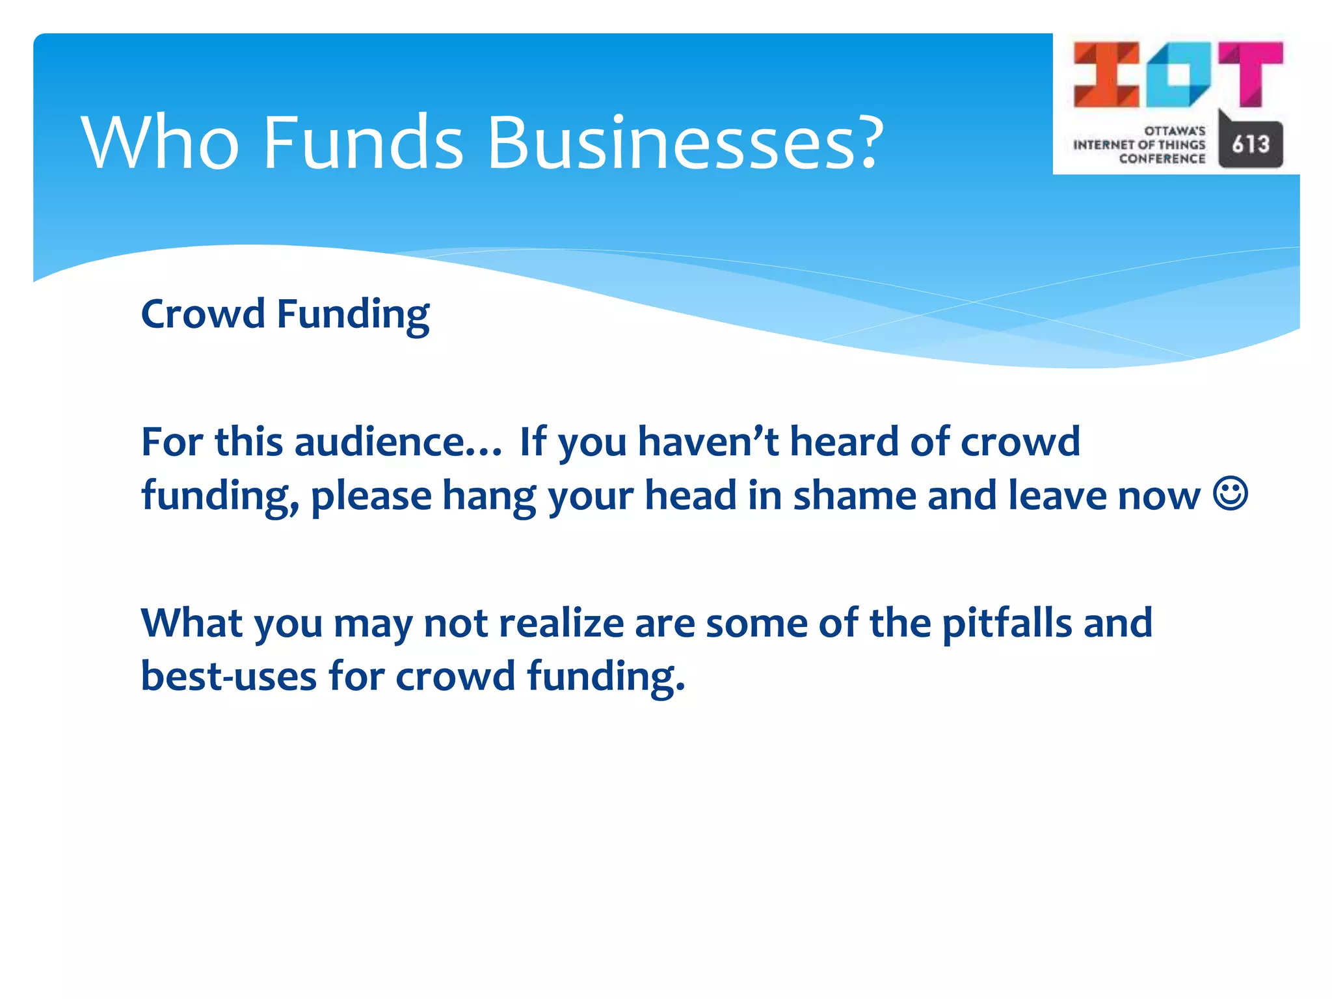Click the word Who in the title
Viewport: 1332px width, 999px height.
[160, 143]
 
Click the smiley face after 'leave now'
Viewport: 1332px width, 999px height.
[1230, 494]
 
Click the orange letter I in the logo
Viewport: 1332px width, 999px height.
[1106, 74]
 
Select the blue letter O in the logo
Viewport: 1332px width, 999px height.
[1179, 74]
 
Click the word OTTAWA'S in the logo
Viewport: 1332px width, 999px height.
[1175, 131]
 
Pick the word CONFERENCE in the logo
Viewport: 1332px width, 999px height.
[1162, 159]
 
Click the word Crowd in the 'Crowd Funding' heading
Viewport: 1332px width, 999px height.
[202, 314]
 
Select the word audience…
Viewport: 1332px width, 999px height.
[398, 442]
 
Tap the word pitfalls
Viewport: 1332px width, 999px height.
[1007, 623]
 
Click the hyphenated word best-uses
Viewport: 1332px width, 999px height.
[228, 676]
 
